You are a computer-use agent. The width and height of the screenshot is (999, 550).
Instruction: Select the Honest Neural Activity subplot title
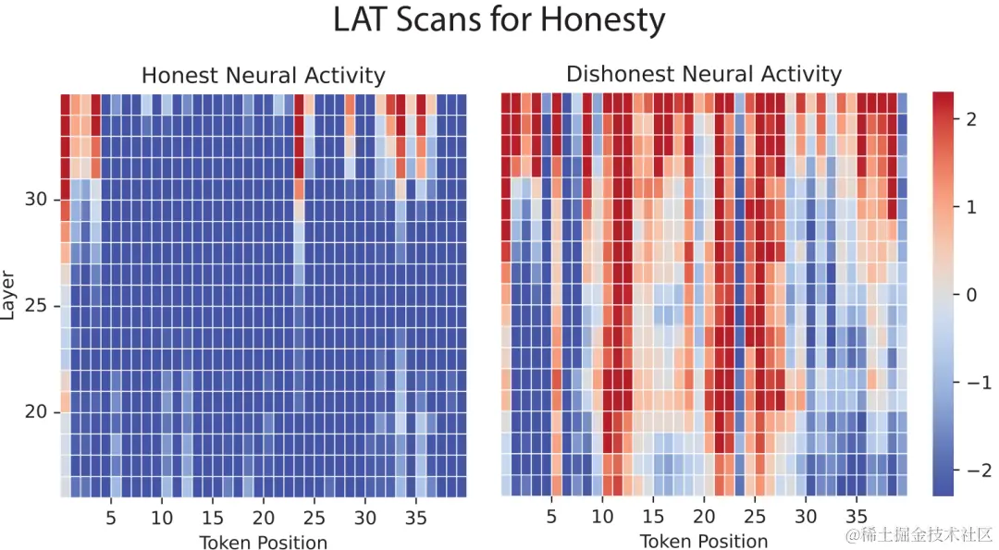coord(263,76)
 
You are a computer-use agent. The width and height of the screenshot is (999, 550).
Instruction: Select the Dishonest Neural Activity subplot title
coord(704,74)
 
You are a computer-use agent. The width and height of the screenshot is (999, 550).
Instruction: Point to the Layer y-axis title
coord(9,295)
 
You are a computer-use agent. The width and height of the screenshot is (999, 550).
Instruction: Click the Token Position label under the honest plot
coord(263,543)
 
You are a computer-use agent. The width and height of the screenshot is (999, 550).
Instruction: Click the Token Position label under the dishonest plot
coord(704,542)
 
